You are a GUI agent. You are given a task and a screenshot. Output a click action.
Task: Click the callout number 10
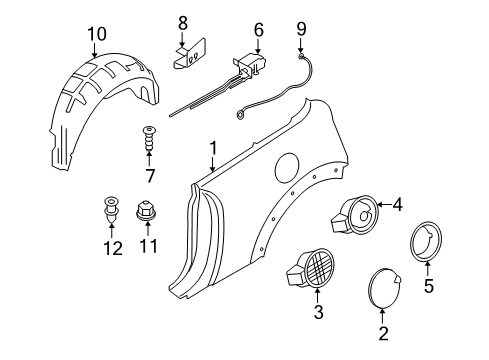[97, 34]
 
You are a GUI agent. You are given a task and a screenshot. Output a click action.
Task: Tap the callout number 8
[183, 23]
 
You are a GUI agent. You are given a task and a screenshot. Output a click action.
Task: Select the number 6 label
[259, 29]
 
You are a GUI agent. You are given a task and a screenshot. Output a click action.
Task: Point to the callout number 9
[301, 29]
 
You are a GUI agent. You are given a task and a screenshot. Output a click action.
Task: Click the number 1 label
[213, 148]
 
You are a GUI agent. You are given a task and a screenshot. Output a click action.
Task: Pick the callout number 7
[150, 176]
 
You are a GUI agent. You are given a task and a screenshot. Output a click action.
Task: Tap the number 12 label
[113, 248]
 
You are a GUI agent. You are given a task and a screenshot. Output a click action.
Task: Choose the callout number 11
[148, 246]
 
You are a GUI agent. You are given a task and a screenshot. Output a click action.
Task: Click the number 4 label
[397, 205]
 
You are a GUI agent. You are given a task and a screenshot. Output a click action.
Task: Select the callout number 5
[429, 285]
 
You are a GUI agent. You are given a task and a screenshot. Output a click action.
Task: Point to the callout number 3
[318, 312]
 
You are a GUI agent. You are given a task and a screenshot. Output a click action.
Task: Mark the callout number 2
[383, 333]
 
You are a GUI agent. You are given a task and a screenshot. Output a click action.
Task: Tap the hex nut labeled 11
[147, 210]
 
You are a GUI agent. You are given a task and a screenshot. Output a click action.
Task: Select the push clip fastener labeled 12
[111, 208]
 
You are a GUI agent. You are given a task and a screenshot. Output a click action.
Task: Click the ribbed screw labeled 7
[149, 138]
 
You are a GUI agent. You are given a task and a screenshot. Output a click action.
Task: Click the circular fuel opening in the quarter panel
[287, 167]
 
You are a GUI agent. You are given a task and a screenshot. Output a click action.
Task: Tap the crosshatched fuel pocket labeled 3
[310, 269]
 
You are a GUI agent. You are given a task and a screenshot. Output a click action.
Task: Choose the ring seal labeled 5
[426, 240]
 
